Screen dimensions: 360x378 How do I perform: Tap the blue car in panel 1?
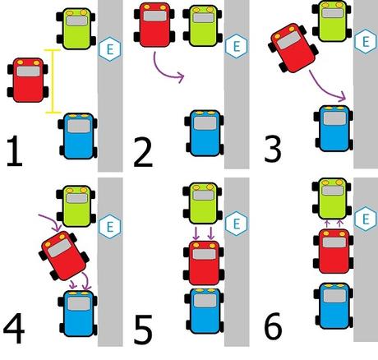click(x=80, y=139)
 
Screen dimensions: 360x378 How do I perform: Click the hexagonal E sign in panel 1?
click(x=108, y=49)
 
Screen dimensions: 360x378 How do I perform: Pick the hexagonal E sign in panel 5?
click(x=236, y=223)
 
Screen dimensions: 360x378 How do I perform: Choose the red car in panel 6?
click(x=333, y=253)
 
